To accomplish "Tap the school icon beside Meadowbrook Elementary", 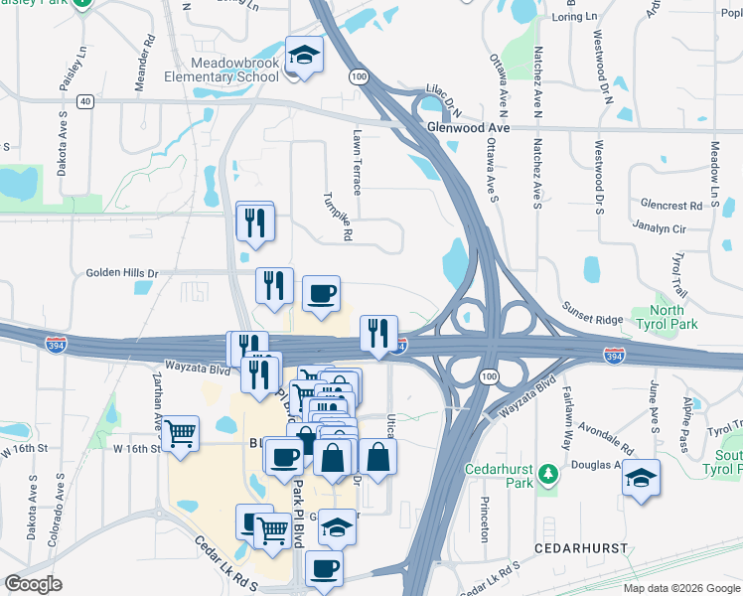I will coord(304,56).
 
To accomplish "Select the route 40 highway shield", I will coord(87,100).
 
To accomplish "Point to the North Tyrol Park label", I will coord(673,317).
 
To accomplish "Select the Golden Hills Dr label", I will coord(122,272).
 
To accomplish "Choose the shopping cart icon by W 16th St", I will coord(180,432).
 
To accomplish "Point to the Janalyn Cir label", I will coord(660,227).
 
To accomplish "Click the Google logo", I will coord(34,584).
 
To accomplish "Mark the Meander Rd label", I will coord(145,59).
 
